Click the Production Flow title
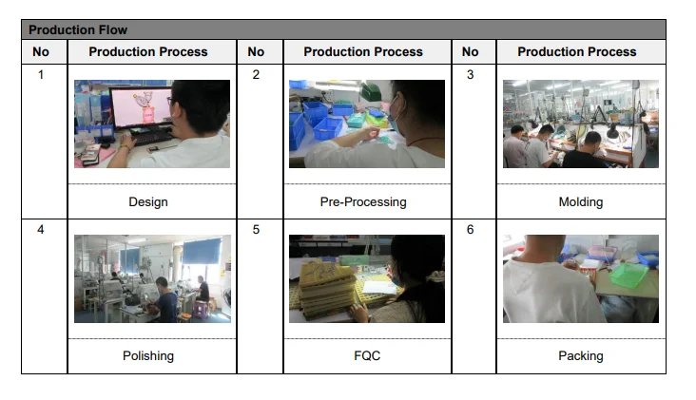(x=78, y=29)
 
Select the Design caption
(x=148, y=202)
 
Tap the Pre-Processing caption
(x=363, y=202)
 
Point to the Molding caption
(x=581, y=202)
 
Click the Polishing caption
(x=148, y=356)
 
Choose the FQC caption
(x=367, y=355)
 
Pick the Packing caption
(x=581, y=356)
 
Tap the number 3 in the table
(x=471, y=74)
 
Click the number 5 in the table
(x=256, y=229)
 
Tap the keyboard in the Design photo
(x=152, y=137)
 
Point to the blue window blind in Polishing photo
(x=202, y=252)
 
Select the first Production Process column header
(x=148, y=52)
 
